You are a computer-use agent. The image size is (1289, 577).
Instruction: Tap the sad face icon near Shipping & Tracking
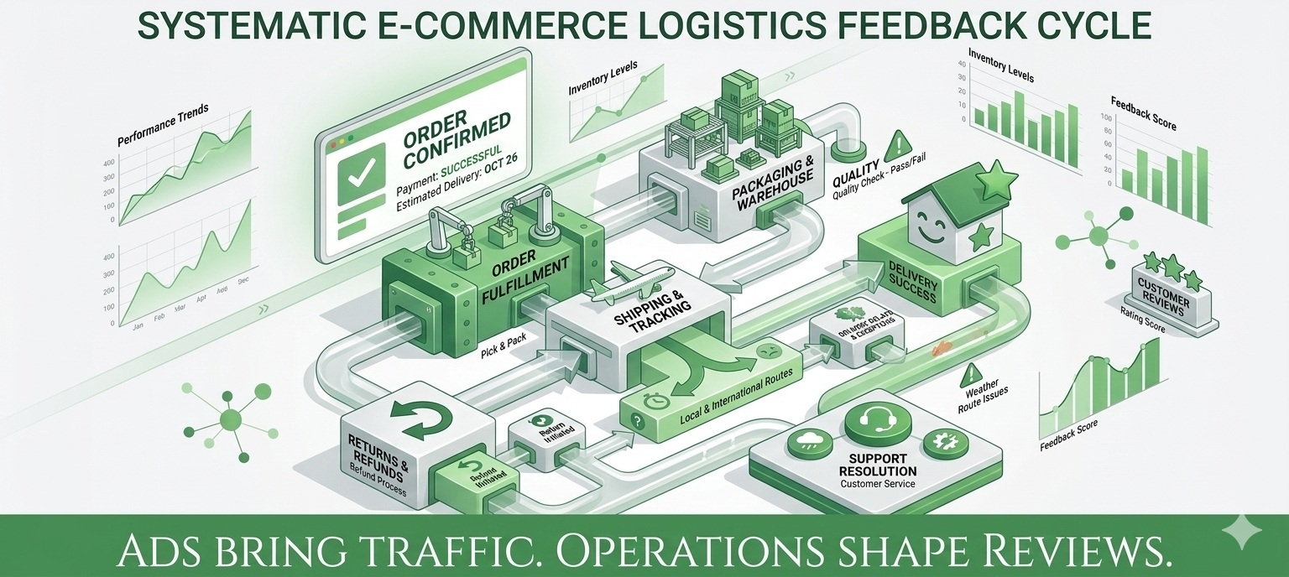(x=765, y=351)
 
